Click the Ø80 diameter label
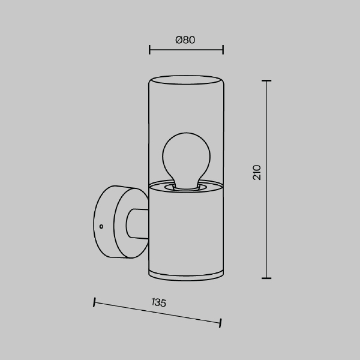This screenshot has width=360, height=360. click(185, 40)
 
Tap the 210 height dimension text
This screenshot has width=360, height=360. click(257, 172)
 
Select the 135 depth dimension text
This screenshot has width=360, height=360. click(158, 302)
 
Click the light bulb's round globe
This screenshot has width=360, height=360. click(186, 155)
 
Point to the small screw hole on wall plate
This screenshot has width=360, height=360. click(101, 227)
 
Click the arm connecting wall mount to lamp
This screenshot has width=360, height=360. click(137, 223)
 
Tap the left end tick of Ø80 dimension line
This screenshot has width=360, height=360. click(149, 50)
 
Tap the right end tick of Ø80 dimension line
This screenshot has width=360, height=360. click(223, 50)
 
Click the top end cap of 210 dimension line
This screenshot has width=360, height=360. click(266, 80)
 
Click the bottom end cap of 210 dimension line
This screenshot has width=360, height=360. click(266, 278)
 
